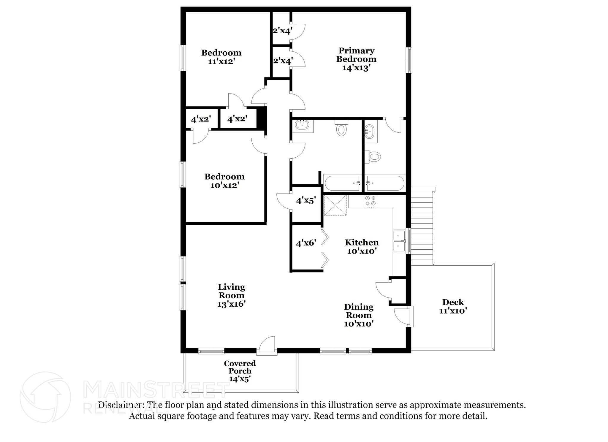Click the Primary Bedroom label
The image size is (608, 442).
[356, 59]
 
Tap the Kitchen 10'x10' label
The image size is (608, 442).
[362, 247]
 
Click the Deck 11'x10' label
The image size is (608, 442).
[453, 306]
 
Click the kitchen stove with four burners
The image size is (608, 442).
[370, 201]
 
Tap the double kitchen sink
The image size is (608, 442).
[400, 241]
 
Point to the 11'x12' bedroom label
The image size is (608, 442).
[221, 57]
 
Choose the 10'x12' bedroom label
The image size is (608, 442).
[224, 181]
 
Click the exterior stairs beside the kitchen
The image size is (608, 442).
[422, 226]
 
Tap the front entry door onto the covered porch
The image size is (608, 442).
[267, 346]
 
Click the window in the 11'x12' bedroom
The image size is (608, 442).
[183, 58]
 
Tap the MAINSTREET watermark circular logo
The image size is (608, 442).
[45, 397]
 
